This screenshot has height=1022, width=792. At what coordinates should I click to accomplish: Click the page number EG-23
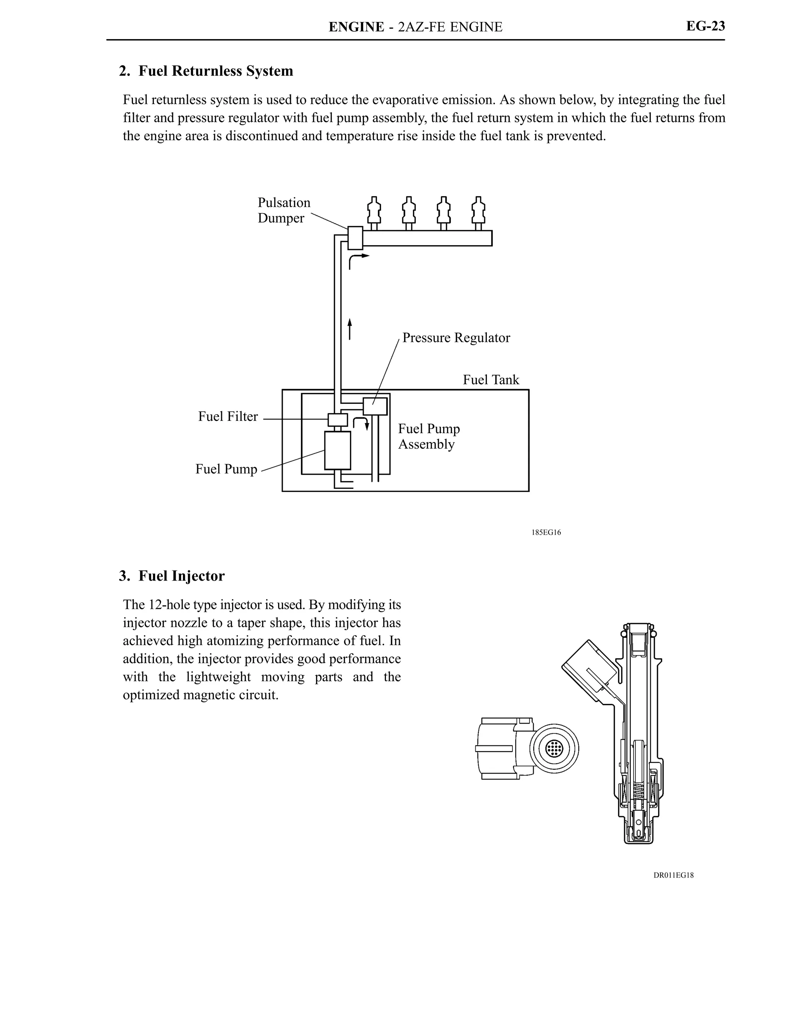(705, 26)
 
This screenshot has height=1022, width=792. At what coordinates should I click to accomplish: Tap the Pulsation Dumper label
(283, 210)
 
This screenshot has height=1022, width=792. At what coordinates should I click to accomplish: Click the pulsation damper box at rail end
(355, 238)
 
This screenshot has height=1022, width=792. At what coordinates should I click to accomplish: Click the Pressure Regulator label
(456, 338)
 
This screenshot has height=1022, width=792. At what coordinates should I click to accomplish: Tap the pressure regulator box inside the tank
(375, 406)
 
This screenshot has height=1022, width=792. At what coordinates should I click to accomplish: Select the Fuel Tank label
(491, 379)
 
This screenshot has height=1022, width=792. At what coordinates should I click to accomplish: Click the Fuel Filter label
(228, 417)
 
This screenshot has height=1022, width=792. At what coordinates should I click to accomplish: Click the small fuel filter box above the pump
(337, 420)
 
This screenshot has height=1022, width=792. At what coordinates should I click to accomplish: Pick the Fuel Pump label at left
(226, 469)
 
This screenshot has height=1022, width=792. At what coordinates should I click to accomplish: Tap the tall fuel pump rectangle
(337, 450)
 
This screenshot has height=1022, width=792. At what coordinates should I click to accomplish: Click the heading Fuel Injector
(181, 576)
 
